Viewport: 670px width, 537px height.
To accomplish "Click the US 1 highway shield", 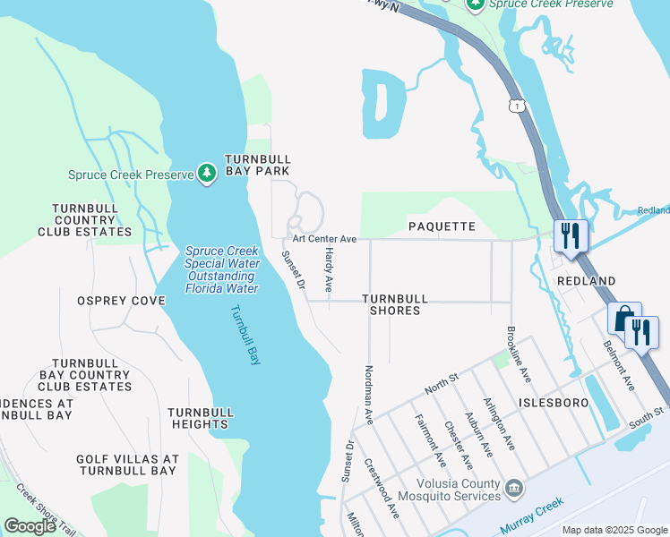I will point(516,107).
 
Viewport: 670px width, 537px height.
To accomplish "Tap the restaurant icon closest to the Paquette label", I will point(571,236).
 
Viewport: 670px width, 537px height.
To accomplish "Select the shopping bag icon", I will point(623,319).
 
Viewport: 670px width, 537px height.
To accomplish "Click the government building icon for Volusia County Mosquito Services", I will point(514,489).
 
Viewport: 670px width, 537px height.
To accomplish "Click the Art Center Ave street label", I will point(323,239).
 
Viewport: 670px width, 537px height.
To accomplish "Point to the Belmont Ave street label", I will point(619,365).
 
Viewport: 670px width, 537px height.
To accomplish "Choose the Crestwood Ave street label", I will point(382,489).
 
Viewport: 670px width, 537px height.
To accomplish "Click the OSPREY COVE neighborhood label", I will point(121,301).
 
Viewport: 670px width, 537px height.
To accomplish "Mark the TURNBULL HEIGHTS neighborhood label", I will point(202,418).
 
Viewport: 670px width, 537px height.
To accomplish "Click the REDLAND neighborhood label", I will point(586,281).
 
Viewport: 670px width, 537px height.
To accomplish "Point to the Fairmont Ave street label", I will point(430,440).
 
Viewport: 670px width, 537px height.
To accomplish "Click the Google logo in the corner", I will point(30,526).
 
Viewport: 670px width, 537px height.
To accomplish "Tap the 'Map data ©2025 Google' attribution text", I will point(614,530).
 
